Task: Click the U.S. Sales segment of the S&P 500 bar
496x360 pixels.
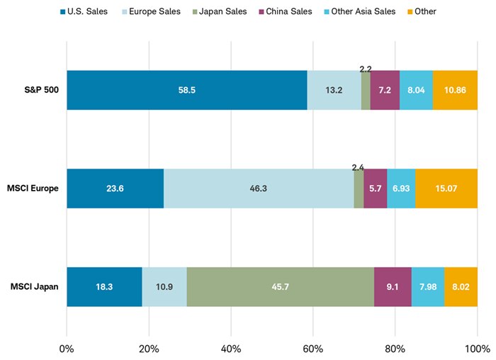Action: tap(186, 90)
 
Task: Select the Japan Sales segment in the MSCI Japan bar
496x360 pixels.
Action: tap(280, 287)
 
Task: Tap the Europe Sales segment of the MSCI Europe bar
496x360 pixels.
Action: tap(259, 189)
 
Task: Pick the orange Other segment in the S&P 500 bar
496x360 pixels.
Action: tap(454, 90)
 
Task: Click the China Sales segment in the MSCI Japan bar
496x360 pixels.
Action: tap(393, 287)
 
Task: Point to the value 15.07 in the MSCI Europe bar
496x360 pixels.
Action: tap(446, 189)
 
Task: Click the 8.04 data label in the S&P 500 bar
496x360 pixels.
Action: tap(416, 91)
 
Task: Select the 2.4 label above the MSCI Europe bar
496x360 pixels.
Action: tap(358, 167)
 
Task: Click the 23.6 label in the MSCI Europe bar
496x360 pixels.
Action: tap(115, 189)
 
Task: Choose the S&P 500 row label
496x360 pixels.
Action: tap(41, 90)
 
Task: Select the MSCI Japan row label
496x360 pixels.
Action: tap(35, 287)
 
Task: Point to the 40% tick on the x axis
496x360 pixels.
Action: tap(231, 349)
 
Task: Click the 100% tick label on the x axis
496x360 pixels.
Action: tap(477, 349)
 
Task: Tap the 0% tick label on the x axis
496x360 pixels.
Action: tap(67, 349)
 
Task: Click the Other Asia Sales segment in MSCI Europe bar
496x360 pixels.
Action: tap(401, 189)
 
